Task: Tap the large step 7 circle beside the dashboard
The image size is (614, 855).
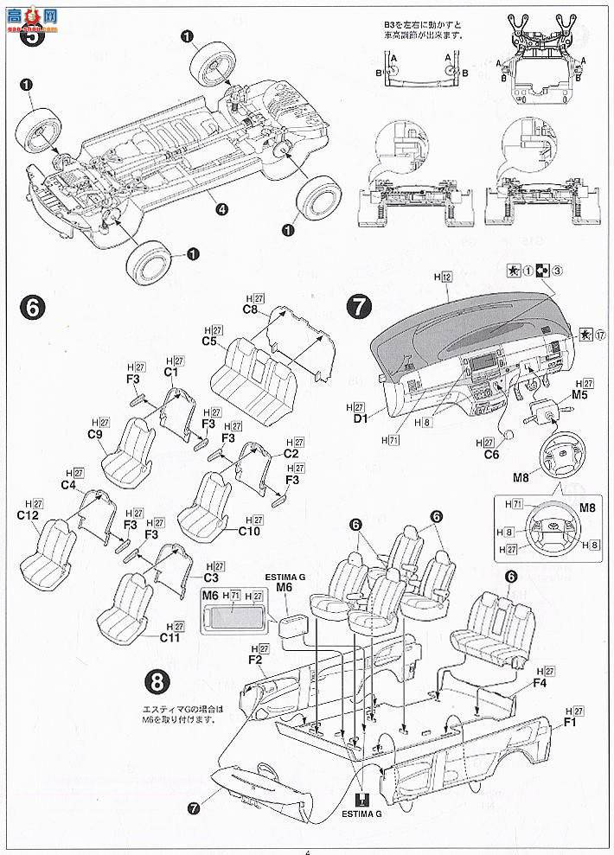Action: tap(359, 307)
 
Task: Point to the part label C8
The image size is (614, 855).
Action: tap(251, 309)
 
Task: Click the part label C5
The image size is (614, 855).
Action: tap(209, 341)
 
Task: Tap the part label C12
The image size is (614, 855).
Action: tap(28, 516)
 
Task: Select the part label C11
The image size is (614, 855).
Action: tap(169, 637)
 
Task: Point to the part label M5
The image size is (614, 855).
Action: tap(579, 395)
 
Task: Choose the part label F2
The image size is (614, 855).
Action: tap(254, 660)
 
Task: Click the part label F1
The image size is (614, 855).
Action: tap(570, 723)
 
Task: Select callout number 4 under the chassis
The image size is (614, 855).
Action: tap(222, 207)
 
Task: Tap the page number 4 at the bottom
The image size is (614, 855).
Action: tap(307, 850)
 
